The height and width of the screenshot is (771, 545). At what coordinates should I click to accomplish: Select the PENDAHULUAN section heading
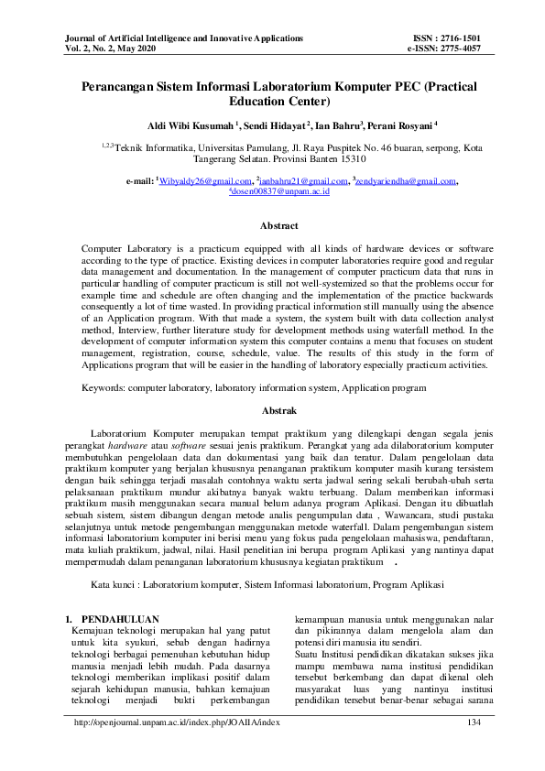tap(120, 618)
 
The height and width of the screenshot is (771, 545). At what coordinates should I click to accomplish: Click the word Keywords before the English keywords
tap(103, 388)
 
